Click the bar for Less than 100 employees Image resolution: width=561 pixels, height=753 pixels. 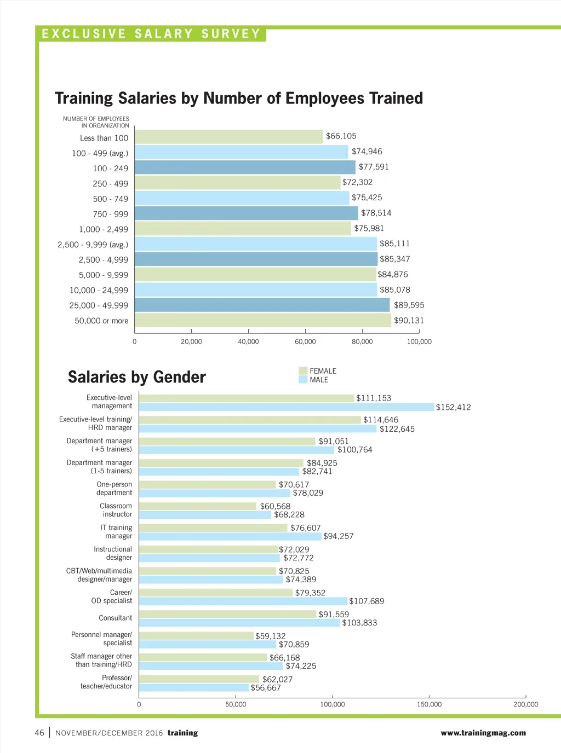(228, 137)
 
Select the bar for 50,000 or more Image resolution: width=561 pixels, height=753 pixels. (263, 320)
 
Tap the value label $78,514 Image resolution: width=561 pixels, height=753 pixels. (376, 213)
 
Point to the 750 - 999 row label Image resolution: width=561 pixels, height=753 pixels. (110, 214)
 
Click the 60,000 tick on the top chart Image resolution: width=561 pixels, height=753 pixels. (305, 341)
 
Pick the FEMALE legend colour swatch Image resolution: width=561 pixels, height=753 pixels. (303, 371)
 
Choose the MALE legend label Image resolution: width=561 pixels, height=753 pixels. (319, 380)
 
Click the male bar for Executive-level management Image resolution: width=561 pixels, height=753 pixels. (286, 407)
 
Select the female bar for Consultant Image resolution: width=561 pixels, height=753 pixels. (227, 614)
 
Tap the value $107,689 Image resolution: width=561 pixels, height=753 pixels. (367, 601)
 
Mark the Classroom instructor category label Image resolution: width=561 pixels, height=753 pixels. (116, 510)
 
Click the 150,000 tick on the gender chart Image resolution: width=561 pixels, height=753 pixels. (429, 704)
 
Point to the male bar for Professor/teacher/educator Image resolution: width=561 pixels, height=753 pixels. (193, 688)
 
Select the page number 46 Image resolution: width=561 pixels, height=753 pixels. (39, 733)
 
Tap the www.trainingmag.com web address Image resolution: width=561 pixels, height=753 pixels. (483, 733)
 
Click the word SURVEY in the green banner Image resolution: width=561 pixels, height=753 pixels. (231, 34)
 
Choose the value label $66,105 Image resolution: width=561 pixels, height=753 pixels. (341, 136)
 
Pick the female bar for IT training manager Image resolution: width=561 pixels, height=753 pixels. (213, 528)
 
